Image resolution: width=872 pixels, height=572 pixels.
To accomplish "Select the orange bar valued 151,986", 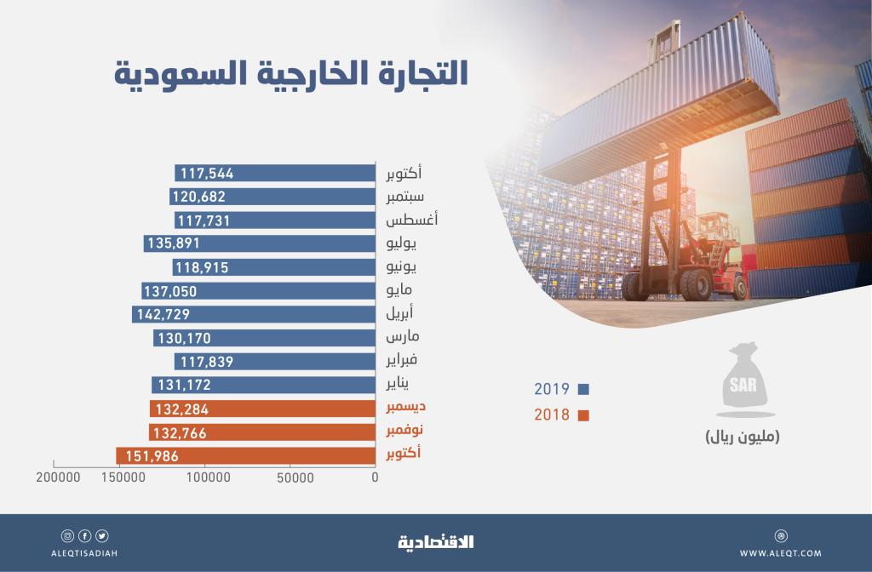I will pyautogui.click(x=245, y=457).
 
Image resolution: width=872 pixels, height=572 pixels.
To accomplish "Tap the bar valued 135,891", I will pyautogui.click(x=260, y=244).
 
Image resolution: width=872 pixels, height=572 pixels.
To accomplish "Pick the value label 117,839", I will pyautogui.click(x=204, y=362).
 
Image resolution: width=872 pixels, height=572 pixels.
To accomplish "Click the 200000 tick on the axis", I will pyautogui.click(x=59, y=479).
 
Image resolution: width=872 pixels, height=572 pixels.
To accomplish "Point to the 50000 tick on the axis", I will pyautogui.click(x=294, y=479).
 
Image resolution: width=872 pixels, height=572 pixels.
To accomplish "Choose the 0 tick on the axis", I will pyautogui.click(x=375, y=479).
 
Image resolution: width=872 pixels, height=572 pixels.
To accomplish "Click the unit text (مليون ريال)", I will pyautogui.click(x=742, y=438).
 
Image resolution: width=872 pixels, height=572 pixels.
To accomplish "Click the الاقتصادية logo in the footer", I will pyautogui.click(x=435, y=541).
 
